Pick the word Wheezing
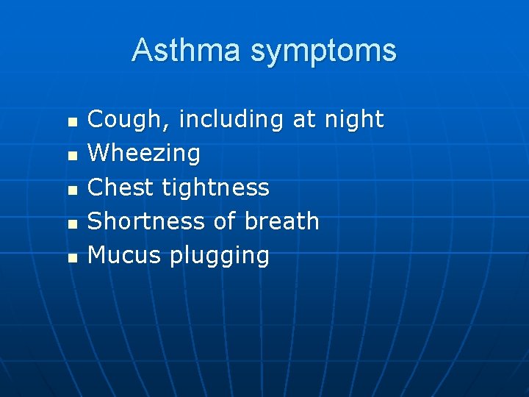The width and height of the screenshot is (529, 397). pos(144,154)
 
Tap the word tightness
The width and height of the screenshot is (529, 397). pos(216,187)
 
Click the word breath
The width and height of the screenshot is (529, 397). pos(282,221)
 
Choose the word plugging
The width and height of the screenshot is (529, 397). pos(220,257)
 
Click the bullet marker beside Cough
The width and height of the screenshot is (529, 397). pos(71,121)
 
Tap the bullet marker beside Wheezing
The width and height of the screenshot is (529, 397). pos(71,155)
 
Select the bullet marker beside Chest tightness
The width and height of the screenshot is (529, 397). pos(71,190)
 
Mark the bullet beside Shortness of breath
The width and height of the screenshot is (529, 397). pos(71,223)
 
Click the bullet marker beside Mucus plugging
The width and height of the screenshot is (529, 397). pos(71,257)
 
